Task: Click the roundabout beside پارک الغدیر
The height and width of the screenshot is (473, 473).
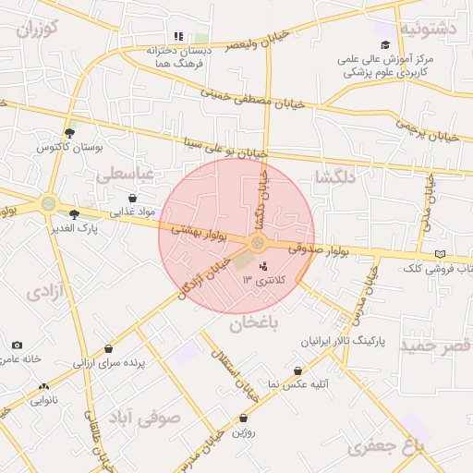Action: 48,203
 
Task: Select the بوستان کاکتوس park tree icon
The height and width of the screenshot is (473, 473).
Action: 70,134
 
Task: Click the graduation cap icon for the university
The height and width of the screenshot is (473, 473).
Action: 385,44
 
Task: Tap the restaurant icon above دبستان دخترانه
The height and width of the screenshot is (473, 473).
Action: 179,37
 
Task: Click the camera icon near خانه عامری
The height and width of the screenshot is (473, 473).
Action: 17,346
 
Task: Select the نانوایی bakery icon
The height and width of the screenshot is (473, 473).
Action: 42,387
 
